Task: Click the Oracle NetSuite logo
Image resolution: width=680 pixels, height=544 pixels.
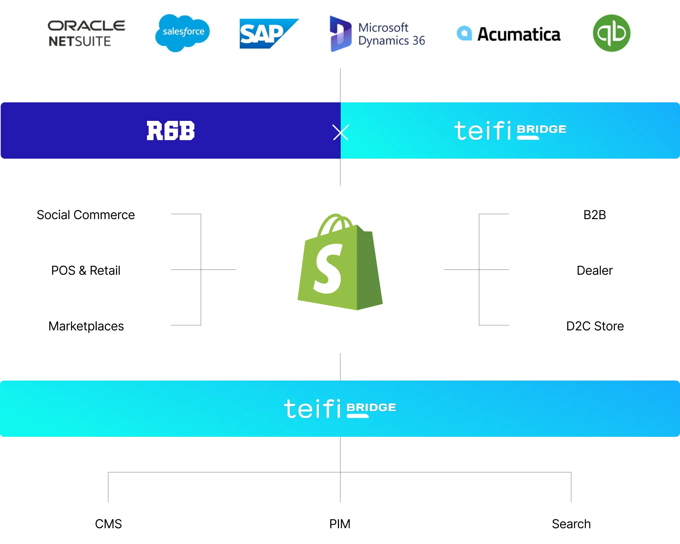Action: pyautogui.click(x=86, y=34)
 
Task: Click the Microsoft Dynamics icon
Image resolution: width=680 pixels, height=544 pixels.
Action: pyautogui.click(x=340, y=34)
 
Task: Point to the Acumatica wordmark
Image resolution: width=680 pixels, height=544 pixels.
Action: pyautogui.click(x=519, y=34)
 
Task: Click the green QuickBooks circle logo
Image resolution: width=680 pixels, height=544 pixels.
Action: pyautogui.click(x=611, y=33)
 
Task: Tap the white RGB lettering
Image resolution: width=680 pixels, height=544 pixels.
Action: pyautogui.click(x=170, y=131)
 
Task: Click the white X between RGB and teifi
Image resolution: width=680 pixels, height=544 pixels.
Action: pyautogui.click(x=341, y=132)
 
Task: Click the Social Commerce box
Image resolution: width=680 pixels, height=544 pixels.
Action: pyautogui.click(x=86, y=215)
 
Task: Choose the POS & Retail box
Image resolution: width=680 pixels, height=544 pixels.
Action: pyautogui.click(x=86, y=270)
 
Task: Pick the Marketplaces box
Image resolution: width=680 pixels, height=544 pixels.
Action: pyautogui.click(x=86, y=326)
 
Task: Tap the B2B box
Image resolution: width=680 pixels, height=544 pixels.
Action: pyautogui.click(x=594, y=215)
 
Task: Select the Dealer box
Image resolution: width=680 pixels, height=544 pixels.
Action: pyautogui.click(x=594, y=270)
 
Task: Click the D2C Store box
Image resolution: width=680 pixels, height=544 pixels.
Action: pyautogui.click(x=594, y=326)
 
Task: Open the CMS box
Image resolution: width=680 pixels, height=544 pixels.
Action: pyautogui.click(x=109, y=524)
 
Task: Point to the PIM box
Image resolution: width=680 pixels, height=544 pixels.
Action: pyautogui.click(x=340, y=524)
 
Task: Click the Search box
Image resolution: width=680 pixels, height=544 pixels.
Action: pyautogui.click(x=571, y=524)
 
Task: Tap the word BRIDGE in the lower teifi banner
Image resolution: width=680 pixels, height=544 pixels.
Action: pyautogui.click(x=371, y=407)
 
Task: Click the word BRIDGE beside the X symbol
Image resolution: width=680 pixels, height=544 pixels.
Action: pyautogui.click(x=542, y=129)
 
